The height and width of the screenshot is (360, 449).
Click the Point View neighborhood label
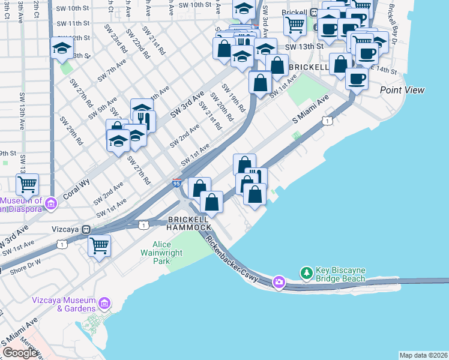pos(402,90)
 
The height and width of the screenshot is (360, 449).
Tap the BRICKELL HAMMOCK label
pos(190,224)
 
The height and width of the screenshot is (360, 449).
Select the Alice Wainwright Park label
pos(162,253)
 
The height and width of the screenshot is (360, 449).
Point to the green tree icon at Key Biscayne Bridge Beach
pos(307,273)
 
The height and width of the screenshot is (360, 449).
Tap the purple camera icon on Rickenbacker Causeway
pos(279,281)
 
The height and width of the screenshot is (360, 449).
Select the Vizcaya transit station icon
pos(87,229)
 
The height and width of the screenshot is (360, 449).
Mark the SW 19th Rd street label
pos(234,98)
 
